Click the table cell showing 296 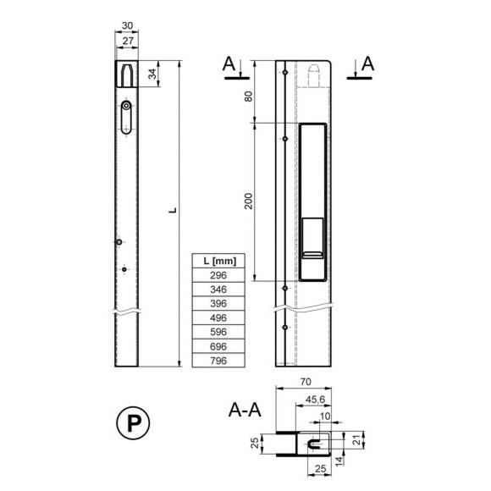(x=218, y=275)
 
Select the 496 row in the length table (x=218, y=317)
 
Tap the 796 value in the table (x=218, y=361)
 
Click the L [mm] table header (x=219, y=261)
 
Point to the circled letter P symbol (x=133, y=423)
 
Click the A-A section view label (x=245, y=410)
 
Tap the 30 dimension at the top (x=127, y=25)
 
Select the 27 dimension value (x=128, y=41)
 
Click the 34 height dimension (x=152, y=74)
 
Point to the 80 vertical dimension (x=248, y=97)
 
